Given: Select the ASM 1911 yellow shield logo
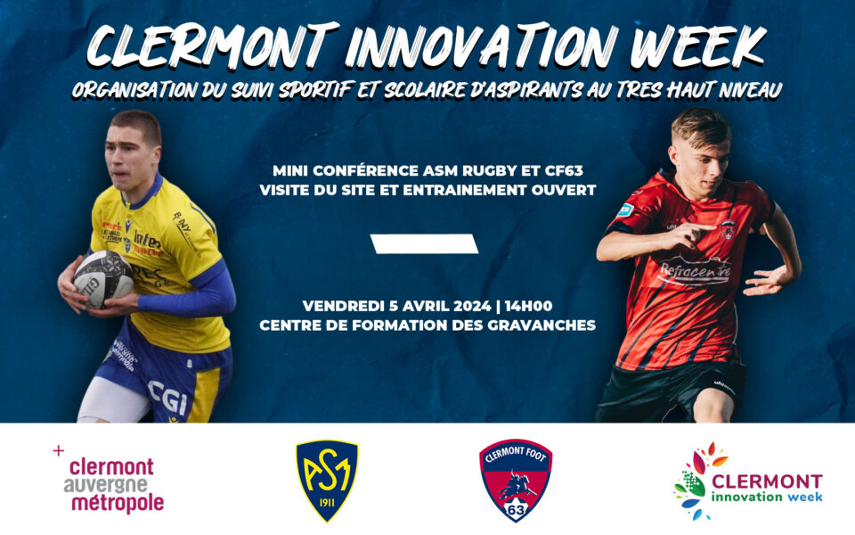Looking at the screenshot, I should pyautogui.click(x=326, y=480).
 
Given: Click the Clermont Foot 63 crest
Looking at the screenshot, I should pyautogui.click(x=515, y=480).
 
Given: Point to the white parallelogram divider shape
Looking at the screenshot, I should pyautogui.click(x=425, y=243).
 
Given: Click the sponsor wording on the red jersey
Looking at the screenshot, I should pyautogui.click(x=693, y=268).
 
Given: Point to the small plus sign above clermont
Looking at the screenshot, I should pyautogui.click(x=59, y=450).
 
